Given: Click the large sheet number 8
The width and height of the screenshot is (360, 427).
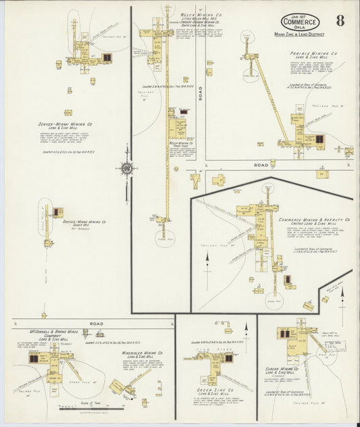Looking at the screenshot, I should (x=339, y=20).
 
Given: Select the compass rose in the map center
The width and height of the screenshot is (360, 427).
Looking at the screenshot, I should (x=126, y=168).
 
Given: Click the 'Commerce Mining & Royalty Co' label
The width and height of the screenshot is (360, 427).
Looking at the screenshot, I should (x=313, y=220).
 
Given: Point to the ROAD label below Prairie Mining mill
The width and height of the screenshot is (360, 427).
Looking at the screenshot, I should (x=261, y=164).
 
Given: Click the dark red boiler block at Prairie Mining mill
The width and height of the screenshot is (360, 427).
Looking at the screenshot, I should (x=319, y=139).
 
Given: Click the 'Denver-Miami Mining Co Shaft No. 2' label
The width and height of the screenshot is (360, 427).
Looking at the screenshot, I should (x=84, y=223).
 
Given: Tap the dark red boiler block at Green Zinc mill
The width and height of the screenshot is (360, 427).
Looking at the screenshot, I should (x=229, y=359).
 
